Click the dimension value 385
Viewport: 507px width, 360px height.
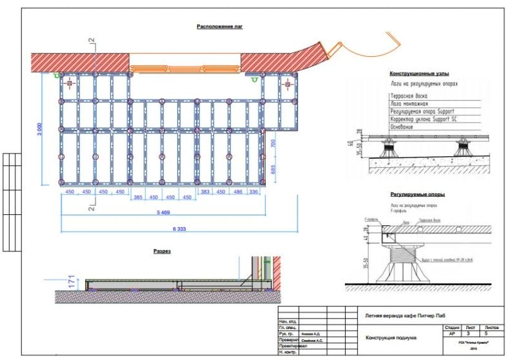(x=137, y=197)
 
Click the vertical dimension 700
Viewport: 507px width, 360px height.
(x=273, y=144)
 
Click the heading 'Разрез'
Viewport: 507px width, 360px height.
(x=162, y=251)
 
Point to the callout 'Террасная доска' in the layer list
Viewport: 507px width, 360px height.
(x=409, y=95)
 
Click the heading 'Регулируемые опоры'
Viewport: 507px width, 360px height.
(x=417, y=194)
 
